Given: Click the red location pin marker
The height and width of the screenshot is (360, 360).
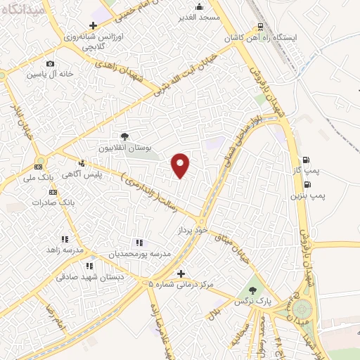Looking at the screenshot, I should [x=181, y=165].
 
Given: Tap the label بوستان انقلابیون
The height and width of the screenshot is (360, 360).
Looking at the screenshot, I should [x=124, y=149].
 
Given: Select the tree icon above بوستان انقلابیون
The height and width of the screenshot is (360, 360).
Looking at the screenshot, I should [x=124, y=137].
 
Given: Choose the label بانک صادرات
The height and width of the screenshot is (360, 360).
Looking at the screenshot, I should [x=53, y=202].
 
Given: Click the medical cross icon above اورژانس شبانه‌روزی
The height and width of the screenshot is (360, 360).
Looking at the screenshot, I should [x=103, y=25].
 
